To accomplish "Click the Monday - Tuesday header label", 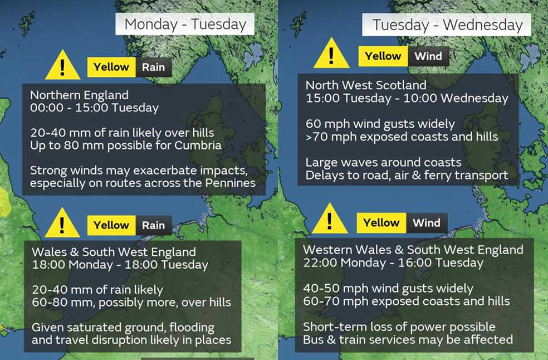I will (x=185, y=25).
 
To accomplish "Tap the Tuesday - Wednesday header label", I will (x=447, y=25).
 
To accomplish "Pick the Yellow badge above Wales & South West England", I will (x=111, y=225).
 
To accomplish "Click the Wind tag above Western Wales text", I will (x=427, y=223).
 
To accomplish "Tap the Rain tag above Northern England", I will (x=153, y=67).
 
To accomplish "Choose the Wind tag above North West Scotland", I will (x=428, y=56).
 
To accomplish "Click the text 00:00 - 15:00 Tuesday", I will (x=94, y=108).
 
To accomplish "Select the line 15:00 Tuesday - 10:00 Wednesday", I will (x=407, y=99).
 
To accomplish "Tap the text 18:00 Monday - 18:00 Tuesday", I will (x=120, y=265).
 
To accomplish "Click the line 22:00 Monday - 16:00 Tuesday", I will (x=393, y=262).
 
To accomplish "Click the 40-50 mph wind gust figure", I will (x=330, y=289).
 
